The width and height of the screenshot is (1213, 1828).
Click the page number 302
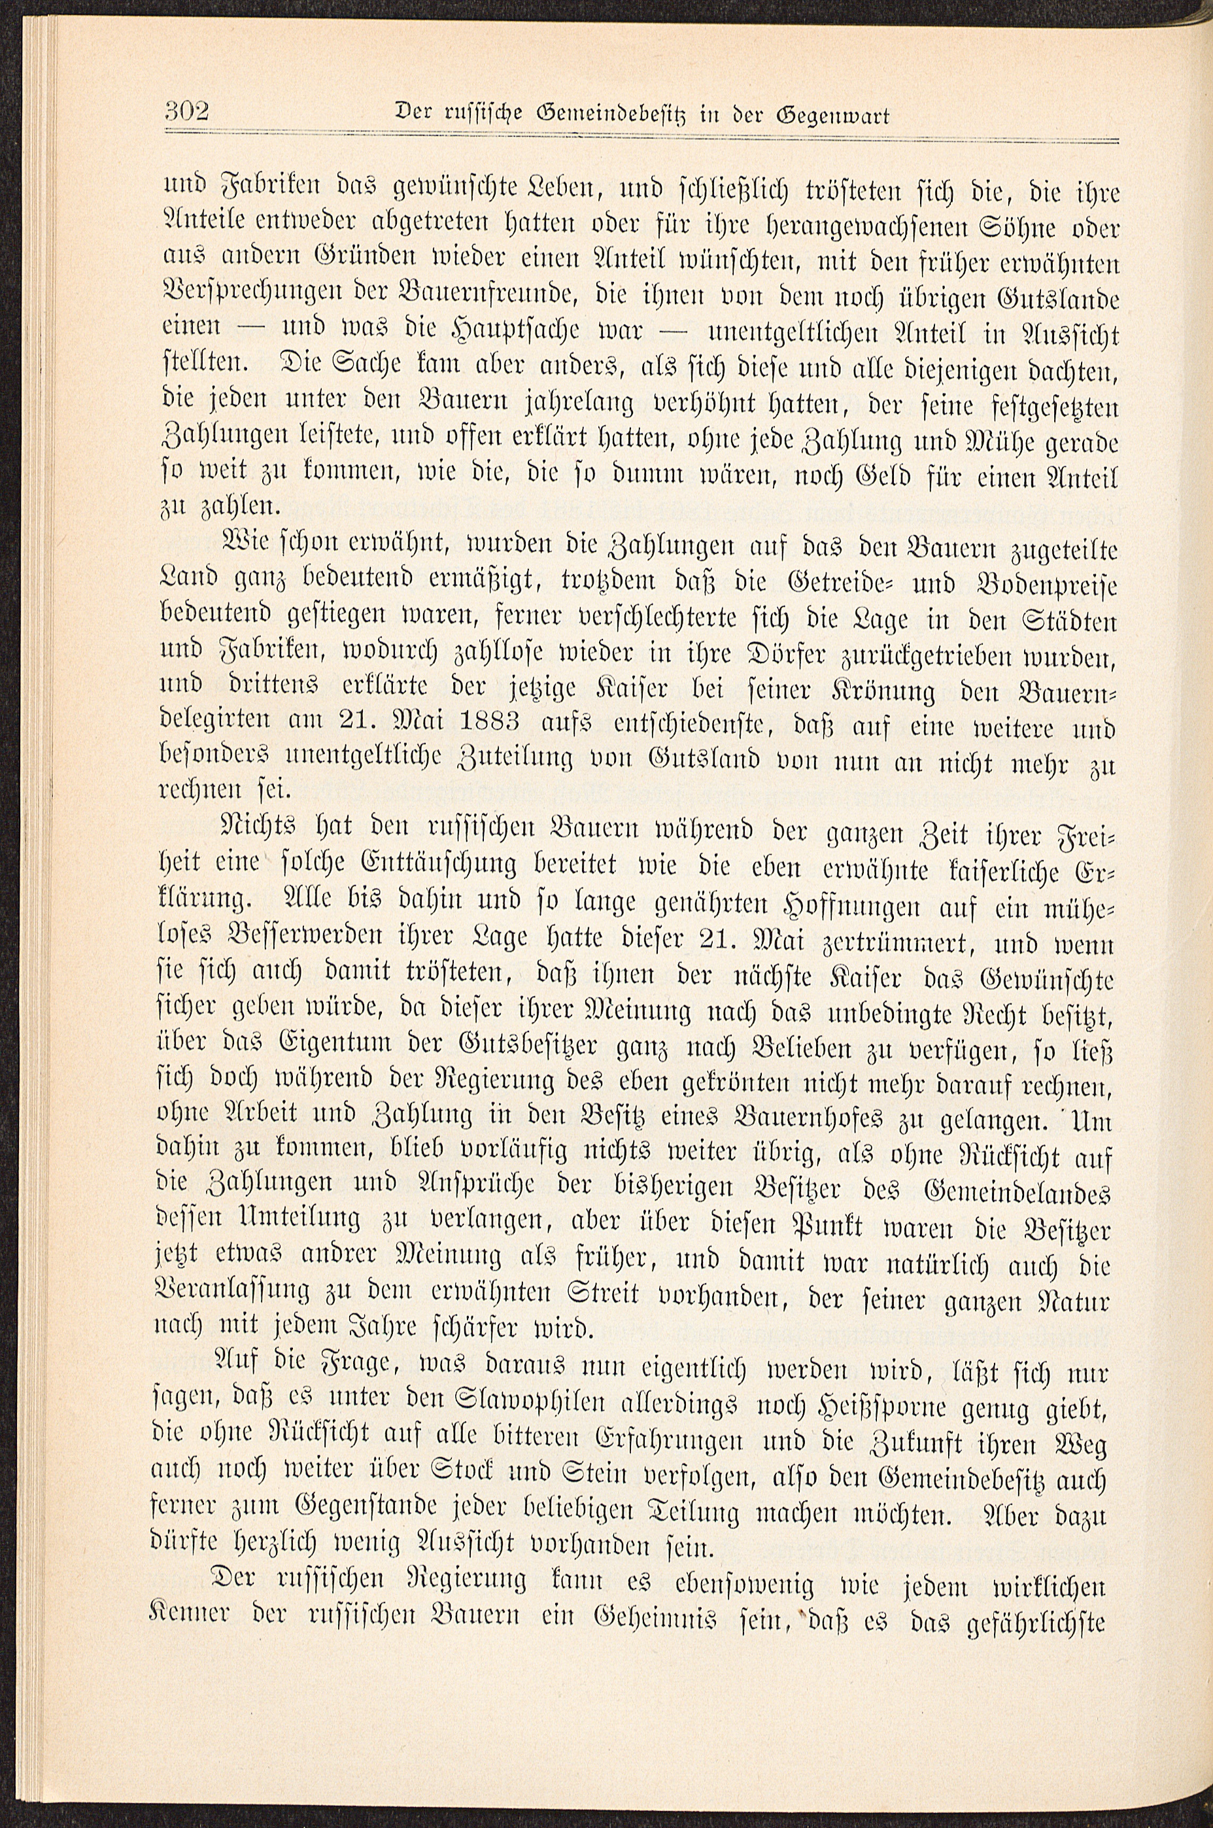(x=187, y=111)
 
